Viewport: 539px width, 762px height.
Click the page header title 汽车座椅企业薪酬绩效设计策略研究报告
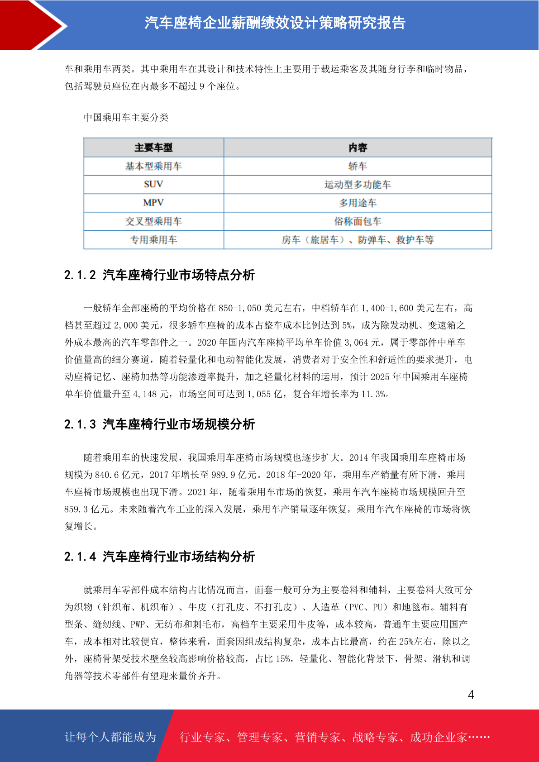(x=275, y=23)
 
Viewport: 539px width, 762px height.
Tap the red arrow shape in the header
(x=32, y=25)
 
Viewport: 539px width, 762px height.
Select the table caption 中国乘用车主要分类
(x=126, y=118)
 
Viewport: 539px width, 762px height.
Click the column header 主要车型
(x=153, y=148)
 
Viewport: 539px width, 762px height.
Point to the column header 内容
(x=358, y=148)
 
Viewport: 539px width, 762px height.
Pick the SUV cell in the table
(x=153, y=184)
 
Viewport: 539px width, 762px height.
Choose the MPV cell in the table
(x=153, y=203)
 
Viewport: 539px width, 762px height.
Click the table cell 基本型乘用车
(x=153, y=166)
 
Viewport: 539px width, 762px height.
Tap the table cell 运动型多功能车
(x=358, y=185)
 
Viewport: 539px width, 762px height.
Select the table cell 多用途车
(x=358, y=203)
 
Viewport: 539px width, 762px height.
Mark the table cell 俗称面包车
(x=358, y=221)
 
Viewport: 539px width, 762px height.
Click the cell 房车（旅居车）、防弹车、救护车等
(x=358, y=240)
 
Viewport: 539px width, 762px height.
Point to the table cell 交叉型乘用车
(x=153, y=221)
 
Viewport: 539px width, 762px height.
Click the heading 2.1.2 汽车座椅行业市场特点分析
(x=159, y=275)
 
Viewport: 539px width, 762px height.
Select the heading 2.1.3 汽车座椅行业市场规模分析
(x=159, y=424)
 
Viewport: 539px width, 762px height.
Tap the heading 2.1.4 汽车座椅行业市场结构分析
(x=159, y=556)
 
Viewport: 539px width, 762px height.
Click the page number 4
(x=471, y=695)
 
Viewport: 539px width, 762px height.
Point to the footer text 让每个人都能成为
(x=110, y=737)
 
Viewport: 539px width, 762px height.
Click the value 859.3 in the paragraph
(x=76, y=509)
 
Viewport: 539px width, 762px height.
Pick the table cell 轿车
(x=358, y=166)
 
